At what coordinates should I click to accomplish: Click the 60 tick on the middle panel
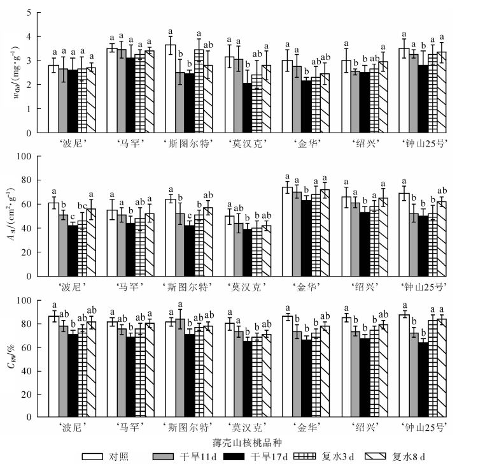click(28, 204)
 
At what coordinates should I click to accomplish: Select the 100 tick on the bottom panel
click(26, 301)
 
